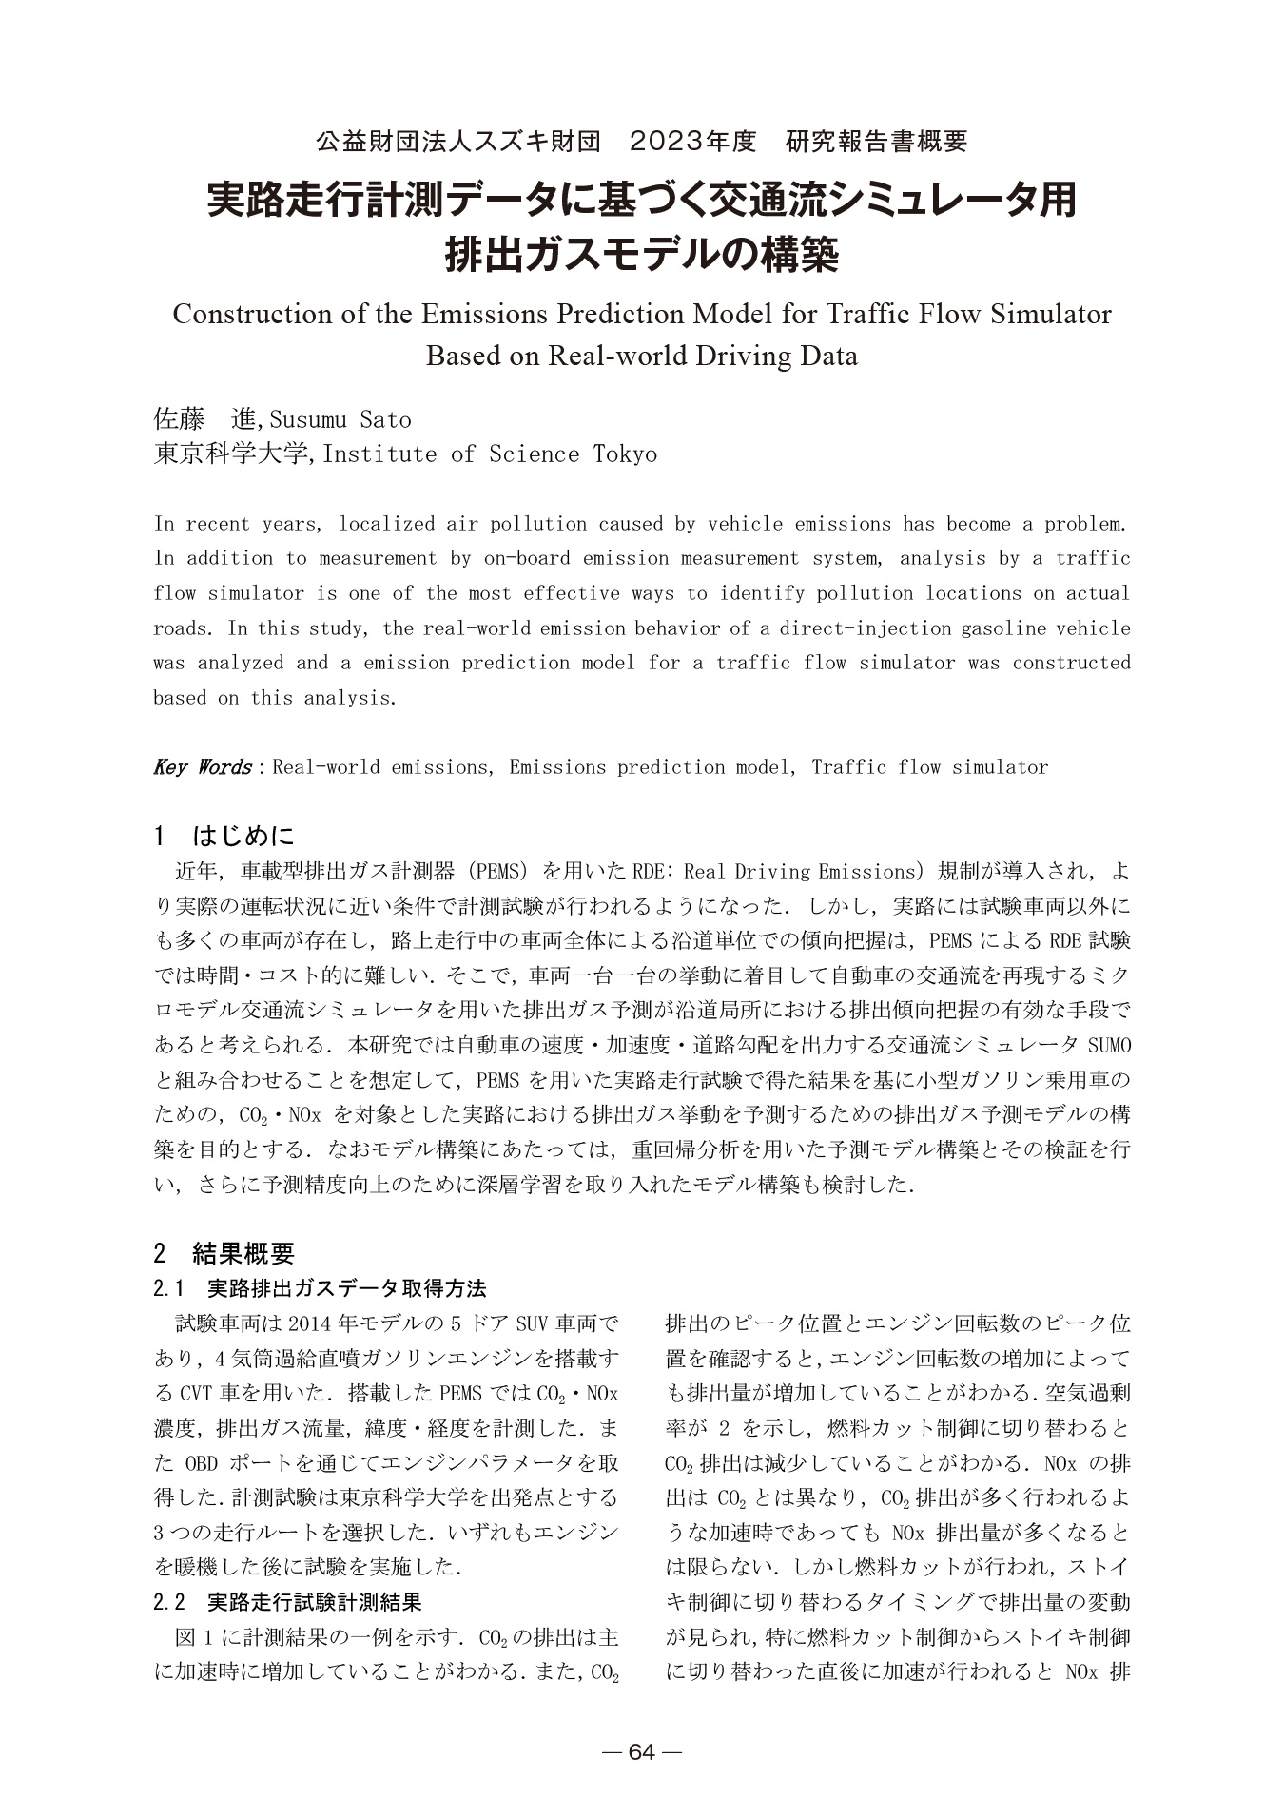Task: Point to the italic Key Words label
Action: [x=202, y=767]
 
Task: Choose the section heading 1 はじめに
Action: [x=224, y=837]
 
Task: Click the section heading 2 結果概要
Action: [x=224, y=1253]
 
